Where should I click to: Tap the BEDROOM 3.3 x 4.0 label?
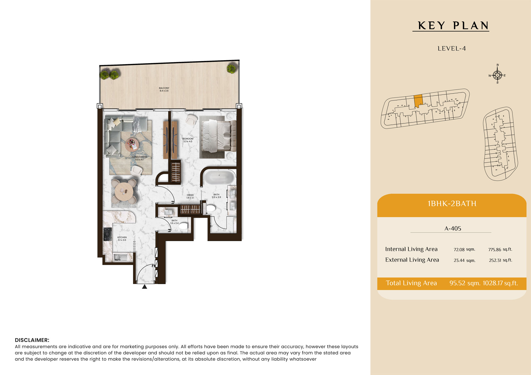click(x=188, y=140)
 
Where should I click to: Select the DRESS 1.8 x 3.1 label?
click(x=190, y=196)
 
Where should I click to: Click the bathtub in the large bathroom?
click(x=219, y=177)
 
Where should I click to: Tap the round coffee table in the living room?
click(x=132, y=145)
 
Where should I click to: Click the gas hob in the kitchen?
click(x=108, y=234)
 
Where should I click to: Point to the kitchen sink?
click(x=121, y=257)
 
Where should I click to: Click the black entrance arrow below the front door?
click(x=144, y=286)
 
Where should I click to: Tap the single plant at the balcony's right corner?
click(x=231, y=69)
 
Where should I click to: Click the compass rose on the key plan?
click(x=497, y=75)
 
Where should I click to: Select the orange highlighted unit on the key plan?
click(x=418, y=101)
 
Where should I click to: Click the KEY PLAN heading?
click(x=453, y=26)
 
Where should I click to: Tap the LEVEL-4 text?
click(x=452, y=49)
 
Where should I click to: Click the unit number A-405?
click(x=453, y=228)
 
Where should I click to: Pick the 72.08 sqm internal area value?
click(x=464, y=249)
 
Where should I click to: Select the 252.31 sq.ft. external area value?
click(x=500, y=260)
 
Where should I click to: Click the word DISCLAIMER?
click(x=32, y=340)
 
